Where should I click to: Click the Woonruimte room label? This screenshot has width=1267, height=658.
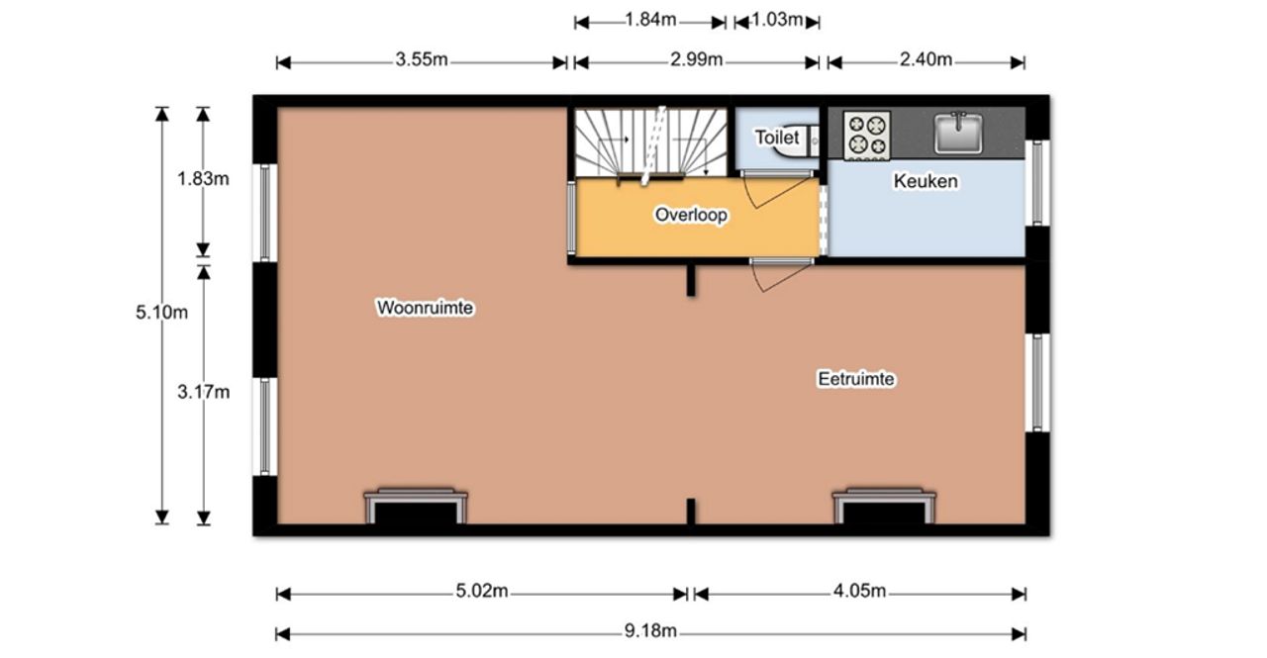(425, 308)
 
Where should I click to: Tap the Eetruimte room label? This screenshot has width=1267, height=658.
(856, 379)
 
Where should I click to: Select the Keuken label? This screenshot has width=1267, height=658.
(926, 181)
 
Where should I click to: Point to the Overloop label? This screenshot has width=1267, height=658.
(691, 215)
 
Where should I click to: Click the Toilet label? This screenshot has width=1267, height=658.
(777, 138)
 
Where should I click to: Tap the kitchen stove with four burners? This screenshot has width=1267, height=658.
(866, 136)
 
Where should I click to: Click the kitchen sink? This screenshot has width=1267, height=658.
(958, 133)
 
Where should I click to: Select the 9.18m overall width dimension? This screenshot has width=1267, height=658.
(650, 631)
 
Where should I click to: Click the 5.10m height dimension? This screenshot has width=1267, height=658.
(161, 312)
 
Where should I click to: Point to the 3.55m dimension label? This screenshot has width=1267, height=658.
(422, 59)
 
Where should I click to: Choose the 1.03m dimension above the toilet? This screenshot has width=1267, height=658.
(777, 20)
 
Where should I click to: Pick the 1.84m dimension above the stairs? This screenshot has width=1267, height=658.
(650, 20)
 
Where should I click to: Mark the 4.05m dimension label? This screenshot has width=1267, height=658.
(859, 591)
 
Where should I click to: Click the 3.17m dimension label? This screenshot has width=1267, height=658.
(204, 392)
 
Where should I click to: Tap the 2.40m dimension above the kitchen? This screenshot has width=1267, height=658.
(926, 59)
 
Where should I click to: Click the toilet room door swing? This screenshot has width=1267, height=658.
(777, 191)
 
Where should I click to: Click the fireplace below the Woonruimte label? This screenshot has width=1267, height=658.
(416, 506)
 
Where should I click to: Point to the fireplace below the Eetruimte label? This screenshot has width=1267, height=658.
(884, 506)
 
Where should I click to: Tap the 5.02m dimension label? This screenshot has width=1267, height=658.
(482, 591)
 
